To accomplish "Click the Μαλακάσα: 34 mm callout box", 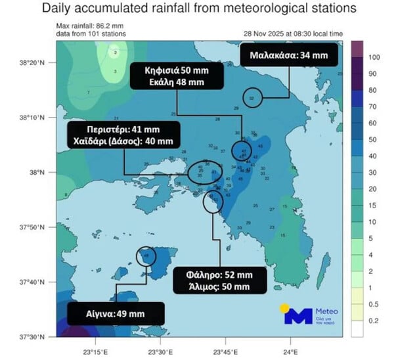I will tap(289, 56).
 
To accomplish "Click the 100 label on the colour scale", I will tap(374, 57).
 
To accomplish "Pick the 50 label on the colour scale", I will tap(373, 140).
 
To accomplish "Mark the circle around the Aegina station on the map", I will tap(146, 256).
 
